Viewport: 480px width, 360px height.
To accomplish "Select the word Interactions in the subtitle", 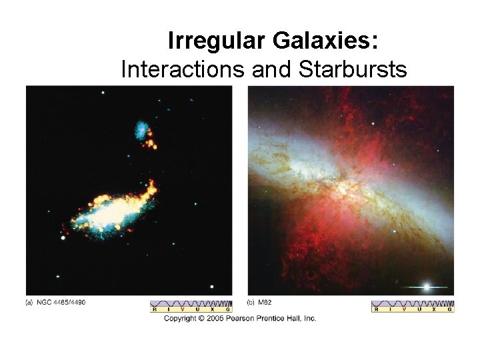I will point(182,68).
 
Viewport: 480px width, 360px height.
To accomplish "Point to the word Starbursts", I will point(353,68).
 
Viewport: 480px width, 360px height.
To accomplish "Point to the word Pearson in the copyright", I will point(247,319).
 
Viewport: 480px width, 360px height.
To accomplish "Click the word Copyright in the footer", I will point(181,319).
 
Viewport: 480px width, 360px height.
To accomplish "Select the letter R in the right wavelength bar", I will point(376,310).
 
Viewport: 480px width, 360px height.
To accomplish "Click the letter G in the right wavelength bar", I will point(450,310).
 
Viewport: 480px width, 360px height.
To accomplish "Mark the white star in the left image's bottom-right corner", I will point(213,287).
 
